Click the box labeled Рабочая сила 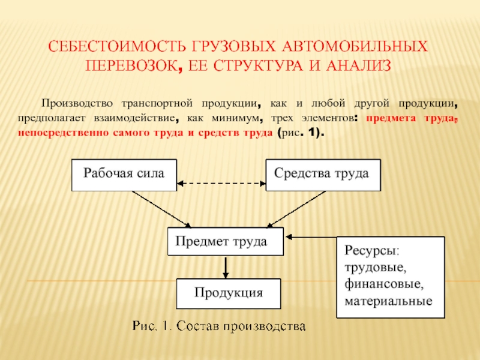point(124,175)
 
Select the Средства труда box point(323,175)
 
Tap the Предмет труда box point(226,241)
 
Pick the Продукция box point(229,293)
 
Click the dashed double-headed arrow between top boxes point(221,184)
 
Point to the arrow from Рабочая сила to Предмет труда point(161,209)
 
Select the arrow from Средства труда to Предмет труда point(296,209)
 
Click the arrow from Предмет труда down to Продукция point(226,267)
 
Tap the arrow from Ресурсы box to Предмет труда point(311,237)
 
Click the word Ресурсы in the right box point(371,250)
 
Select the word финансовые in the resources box point(384,284)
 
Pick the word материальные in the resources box point(388,301)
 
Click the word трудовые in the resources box point(376,268)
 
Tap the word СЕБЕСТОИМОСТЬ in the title point(117,46)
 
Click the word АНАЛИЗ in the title point(358,65)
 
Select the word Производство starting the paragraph point(77,103)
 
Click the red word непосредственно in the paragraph point(63,133)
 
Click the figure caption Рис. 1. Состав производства point(219,326)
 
